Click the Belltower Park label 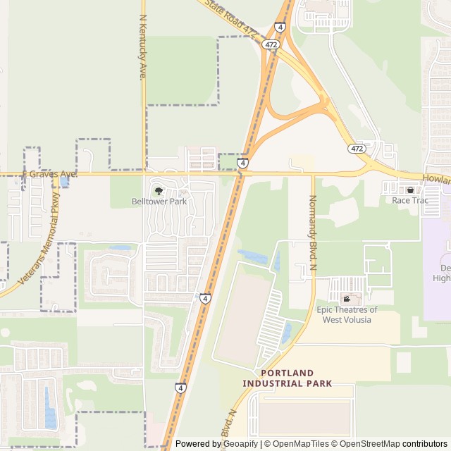pyautogui.click(x=159, y=201)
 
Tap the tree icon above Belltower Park pyautogui.click(x=159, y=190)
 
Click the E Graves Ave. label pyautogui.click(x=49, y=173)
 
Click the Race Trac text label pyautogui.click(x=410, y=200)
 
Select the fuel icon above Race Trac pyautogui.click(x=410, y=190)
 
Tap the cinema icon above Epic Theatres pyautogui.click(x=346, y=299)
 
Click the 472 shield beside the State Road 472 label pyautogui.click(x=271, y=44)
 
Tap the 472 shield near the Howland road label pyautogui.click(x=356, y=149)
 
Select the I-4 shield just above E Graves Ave pyautogui.click(x=242, y=163)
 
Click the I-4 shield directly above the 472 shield pyautogui.click(x=280, y=27)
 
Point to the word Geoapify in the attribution pyautogui.click(x=241, y=444)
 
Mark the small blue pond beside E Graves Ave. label pyautogui.click(x=65, y=182)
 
